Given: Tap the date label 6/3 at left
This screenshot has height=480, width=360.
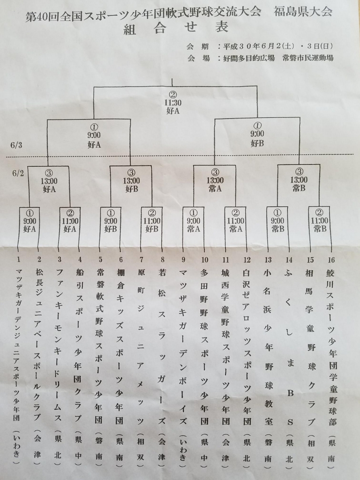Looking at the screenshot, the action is (16, 145).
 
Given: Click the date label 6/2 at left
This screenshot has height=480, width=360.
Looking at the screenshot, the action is (18, 173).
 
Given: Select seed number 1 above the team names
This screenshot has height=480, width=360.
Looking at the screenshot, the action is (19, 260).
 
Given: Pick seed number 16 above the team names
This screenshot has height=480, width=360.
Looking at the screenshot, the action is (331, 260).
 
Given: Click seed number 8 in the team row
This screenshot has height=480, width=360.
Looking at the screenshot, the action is (162, 260).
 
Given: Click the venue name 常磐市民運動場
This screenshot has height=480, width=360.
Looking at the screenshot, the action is (307, 58).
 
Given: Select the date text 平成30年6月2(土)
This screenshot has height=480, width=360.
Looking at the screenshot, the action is (259, 46).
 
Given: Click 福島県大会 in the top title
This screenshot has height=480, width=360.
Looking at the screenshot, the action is (303, 12).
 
